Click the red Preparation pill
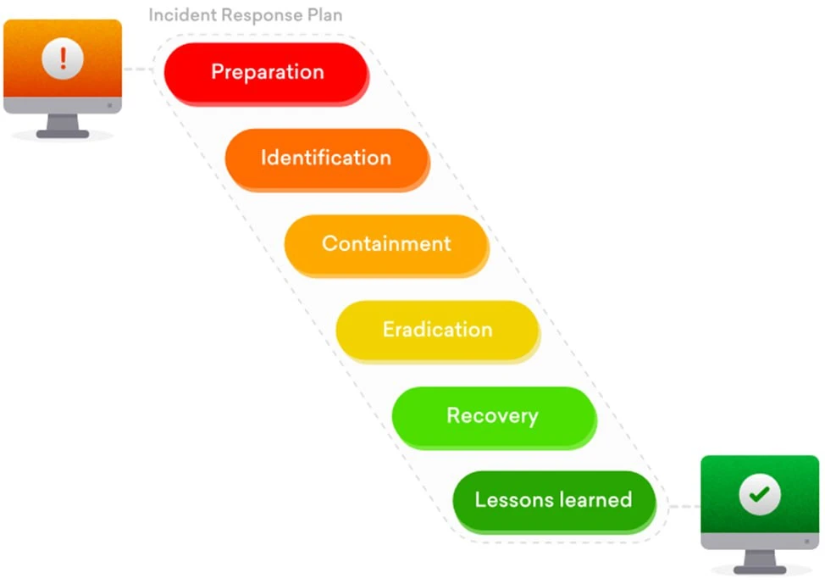[x=267, y=74]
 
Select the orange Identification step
[x=327, y=159]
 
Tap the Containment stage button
[x=387, y=246]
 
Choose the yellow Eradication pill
[x=438, y=331]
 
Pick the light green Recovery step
[x=494, y=418]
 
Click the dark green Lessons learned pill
[x=555, y=502]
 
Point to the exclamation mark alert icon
[x=63, y=58]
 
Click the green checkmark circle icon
[x=759, y=494]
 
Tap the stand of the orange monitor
[x=63, y=125]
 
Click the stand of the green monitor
[x=760, y=562]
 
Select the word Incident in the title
[x=182, y=14]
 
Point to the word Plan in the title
[x=324, y=14]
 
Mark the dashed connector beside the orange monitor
[x=138, y=69]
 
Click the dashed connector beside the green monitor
[x=684, y=506]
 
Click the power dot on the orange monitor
[x=109, y=105]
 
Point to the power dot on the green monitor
[x=806, y=542]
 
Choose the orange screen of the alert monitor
[x=63, y=58]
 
